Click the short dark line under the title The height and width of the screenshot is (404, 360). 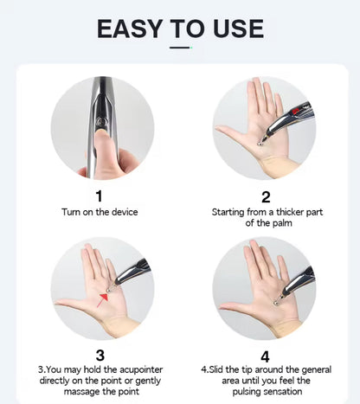(x=179, y=48)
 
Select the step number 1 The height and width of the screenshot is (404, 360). (x=99, y=196)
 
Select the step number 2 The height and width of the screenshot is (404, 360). (x=266, y=196)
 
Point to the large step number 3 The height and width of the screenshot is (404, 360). (x=99, y=355)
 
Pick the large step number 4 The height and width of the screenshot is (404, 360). (x=266, y=355)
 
